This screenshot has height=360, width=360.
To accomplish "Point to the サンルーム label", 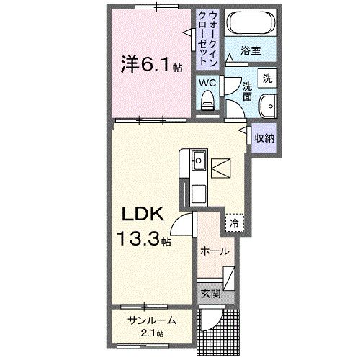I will tap(150, 321).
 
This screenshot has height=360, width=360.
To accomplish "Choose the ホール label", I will tap(215, 251).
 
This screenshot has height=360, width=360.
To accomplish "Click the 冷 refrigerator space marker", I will tap(234, 223).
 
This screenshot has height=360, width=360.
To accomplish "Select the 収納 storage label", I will tap(263, 137).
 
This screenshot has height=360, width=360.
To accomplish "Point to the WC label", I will tap(207, 83).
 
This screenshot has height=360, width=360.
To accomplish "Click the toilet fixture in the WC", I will tap(208, 102).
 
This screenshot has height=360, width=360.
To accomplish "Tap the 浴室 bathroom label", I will tap(250, 52).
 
